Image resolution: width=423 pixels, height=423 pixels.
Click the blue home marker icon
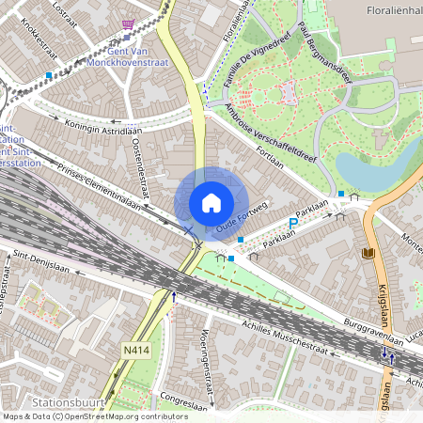211,202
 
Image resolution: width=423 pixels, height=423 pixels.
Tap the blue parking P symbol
292,224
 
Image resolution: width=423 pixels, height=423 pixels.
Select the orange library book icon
368,254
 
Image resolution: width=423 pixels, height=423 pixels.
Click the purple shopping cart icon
128,25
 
